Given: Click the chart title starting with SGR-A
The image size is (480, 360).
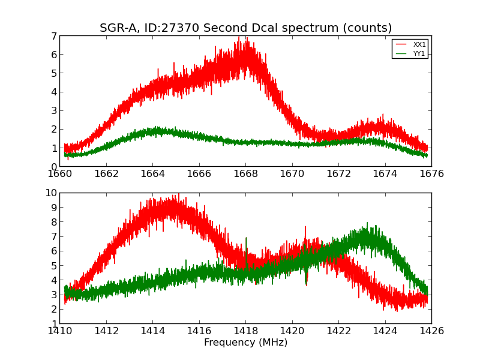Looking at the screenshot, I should [x=245, y=28].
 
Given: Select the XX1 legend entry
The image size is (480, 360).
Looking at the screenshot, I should [x=419, y=44].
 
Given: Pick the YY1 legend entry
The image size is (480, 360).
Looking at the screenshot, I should [x=419, y=53].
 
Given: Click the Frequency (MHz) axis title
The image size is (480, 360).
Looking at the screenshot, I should [x=245, y=343].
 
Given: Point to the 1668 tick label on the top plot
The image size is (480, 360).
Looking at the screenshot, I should [x=245, y=174].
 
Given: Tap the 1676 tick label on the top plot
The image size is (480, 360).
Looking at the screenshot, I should [x=431, y=174].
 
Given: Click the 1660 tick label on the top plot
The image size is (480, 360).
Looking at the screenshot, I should [x=59, y=174].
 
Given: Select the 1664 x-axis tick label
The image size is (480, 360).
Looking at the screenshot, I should [x=152, y=174].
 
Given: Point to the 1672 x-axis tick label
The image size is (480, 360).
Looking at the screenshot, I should [x=338, y=174].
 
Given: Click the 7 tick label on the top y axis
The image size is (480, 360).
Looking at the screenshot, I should [x=54, y=36].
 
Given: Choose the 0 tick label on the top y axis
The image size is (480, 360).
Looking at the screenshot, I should [x=54, y=167].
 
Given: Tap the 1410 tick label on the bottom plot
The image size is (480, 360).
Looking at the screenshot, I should [x=59, y=331].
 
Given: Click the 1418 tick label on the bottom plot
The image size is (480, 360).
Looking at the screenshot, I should [x=245, y=331].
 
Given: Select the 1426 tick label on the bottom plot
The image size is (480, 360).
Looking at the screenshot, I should [x=431, y=331].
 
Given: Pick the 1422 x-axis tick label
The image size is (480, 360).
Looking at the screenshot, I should [x=338, y=331].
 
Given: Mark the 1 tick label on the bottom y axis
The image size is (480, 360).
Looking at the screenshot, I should [x=54, y=323].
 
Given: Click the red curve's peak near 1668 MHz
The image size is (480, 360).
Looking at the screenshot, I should [x=239, y=37].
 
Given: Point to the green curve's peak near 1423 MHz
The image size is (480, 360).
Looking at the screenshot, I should [x=367, y=223].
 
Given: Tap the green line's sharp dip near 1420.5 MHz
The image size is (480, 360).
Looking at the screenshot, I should [x=306, y=282].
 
